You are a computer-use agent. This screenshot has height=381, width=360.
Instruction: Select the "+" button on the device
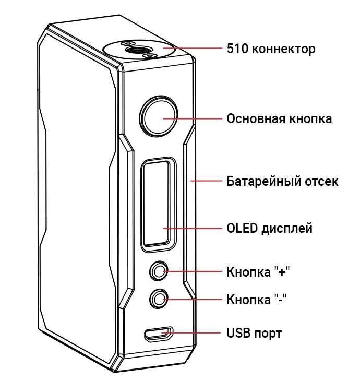[x=158, y=271]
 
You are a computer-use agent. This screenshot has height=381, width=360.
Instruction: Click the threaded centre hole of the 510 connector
[x=137, y=49]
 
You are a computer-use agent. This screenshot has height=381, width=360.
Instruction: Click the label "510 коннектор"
[x=271, y=49]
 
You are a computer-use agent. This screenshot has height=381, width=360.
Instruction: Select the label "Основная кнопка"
[x=279, y=118]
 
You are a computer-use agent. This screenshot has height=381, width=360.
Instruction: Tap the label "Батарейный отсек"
[x=282, y=181]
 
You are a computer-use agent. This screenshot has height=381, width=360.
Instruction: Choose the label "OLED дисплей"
[x=269, y=228]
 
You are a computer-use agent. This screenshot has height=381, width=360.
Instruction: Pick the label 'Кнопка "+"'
[x=258, y=272]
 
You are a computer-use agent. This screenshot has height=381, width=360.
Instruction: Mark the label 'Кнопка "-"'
[x=257, y=300]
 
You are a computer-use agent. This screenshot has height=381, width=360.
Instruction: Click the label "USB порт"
[x=254, y=332]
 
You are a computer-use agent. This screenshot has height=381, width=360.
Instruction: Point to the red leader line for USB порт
[x=196, y=332]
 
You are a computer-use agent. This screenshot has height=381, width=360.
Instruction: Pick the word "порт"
[x=269, y=333]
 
